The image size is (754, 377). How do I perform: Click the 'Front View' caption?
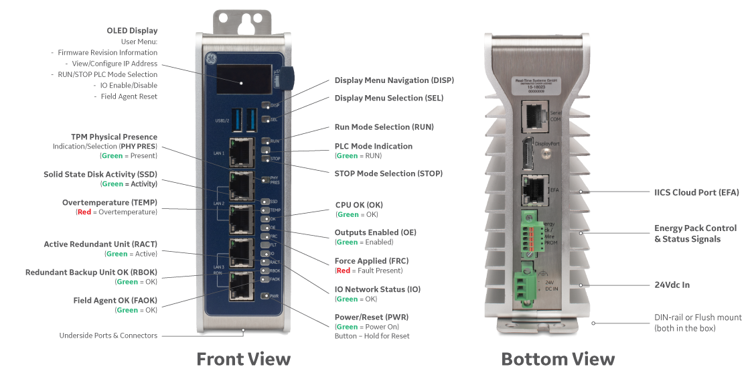(x=243, y=359)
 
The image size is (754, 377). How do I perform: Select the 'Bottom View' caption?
(x=558, y=359)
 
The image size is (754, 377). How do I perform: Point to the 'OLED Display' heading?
(x=132, y=30)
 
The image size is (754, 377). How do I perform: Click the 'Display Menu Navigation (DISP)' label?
(x=394, y=80)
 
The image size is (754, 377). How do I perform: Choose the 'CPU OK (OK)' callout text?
(x=359, y=204)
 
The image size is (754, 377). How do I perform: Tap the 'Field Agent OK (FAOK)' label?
(x=115, y=301)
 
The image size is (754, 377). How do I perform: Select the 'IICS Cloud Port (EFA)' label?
(x=696, y=192)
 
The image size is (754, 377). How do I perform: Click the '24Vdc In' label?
(x=672, y=285)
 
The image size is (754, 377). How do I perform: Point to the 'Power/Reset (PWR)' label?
(x=371, y=317)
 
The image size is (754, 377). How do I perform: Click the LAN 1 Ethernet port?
(x=240, y=151)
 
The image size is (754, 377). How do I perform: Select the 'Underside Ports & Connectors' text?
(x=108, y=335)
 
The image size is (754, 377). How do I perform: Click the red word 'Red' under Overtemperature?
(x=82, y=212)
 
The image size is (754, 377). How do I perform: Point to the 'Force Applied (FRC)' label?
(x=370, y=260)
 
